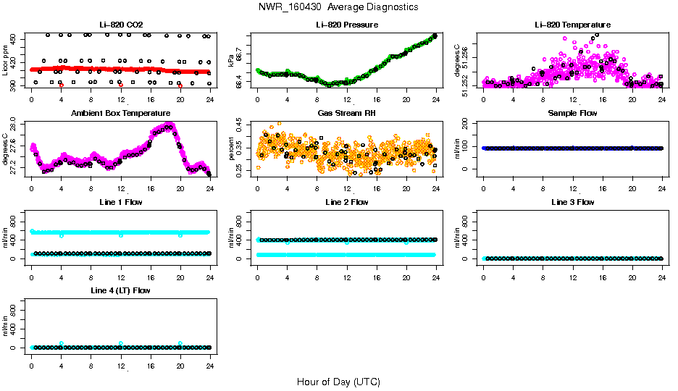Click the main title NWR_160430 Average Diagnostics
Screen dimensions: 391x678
(x=338, y=7)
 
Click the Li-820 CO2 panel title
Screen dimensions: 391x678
(x=120, y=25)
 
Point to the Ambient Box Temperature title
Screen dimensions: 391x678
(x=120, y=113)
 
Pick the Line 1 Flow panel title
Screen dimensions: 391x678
(x=120, y=202)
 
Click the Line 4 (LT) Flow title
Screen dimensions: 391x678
(x=120, y=290)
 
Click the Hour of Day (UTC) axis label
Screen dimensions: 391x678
(x=338, y=382)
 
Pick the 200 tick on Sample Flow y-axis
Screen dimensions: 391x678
(x=466, y=125)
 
